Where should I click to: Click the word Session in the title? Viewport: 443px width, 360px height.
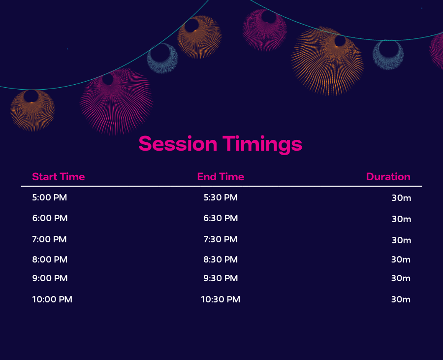coord(178,143)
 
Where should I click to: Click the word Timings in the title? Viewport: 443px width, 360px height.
coord(262,145)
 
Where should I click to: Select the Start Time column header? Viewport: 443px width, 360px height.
coord(59,177)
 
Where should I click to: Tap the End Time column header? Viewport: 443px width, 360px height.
coord(221,177)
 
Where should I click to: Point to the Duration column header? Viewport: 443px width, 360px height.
coord(388,177)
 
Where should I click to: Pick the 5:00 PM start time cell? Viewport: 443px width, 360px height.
coord(49,197)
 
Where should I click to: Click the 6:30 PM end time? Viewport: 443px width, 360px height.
coord(221,218)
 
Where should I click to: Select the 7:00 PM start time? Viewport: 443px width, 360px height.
coord(49,239)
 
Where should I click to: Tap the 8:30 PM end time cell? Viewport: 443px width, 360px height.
coord(221,260)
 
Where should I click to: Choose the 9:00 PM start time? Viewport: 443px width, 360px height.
coord(50,278)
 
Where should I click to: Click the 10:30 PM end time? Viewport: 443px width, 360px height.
coord(221,299)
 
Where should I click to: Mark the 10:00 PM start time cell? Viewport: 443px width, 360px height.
coord(52,299)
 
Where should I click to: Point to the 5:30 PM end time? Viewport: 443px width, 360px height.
coord(221,197)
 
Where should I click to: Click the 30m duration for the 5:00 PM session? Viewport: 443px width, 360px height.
coord(401,198)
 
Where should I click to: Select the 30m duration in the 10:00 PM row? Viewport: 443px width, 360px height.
coord(401,299)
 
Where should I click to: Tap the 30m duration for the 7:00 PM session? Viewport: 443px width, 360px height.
coord(401,240)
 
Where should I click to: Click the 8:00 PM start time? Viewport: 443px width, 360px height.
coord(50,260)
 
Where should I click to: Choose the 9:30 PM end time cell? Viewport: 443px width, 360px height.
coord(221,278)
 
